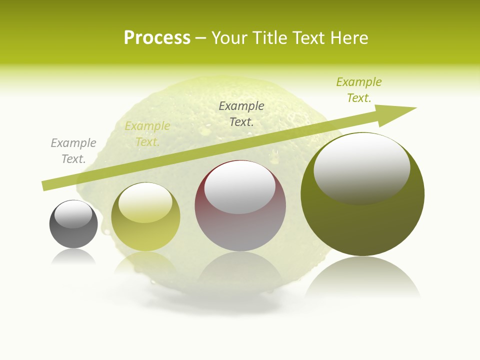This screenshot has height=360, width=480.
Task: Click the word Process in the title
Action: point(157,38)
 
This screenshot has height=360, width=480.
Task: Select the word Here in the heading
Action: point(350,38)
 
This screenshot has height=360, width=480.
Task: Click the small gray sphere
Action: point(73,235)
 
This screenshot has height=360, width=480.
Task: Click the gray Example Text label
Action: point(73,151)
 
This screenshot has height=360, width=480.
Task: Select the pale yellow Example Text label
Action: point(147,134)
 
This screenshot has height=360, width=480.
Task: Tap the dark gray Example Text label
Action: point(241,113)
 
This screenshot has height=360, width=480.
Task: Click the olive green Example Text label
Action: point(359,90)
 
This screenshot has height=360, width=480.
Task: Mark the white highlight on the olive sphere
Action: point(361,167)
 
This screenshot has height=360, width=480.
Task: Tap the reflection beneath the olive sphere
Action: point(362,280)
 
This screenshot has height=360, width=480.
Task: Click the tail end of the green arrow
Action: point(47,185)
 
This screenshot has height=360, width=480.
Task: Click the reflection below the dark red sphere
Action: point(240,270)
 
